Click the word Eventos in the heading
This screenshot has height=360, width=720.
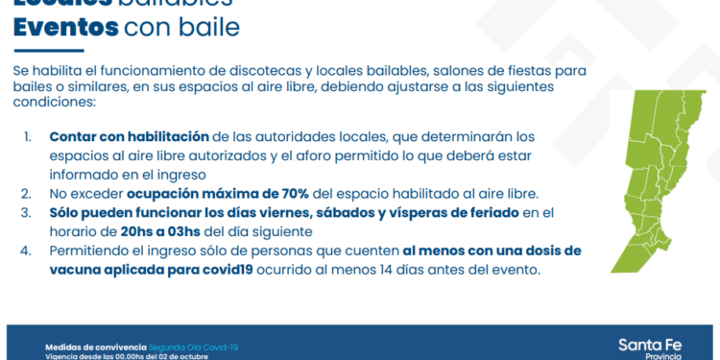point(65,28)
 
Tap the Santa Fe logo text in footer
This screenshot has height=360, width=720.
point(651,344)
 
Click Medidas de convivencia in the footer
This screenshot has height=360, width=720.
point(97,345)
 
